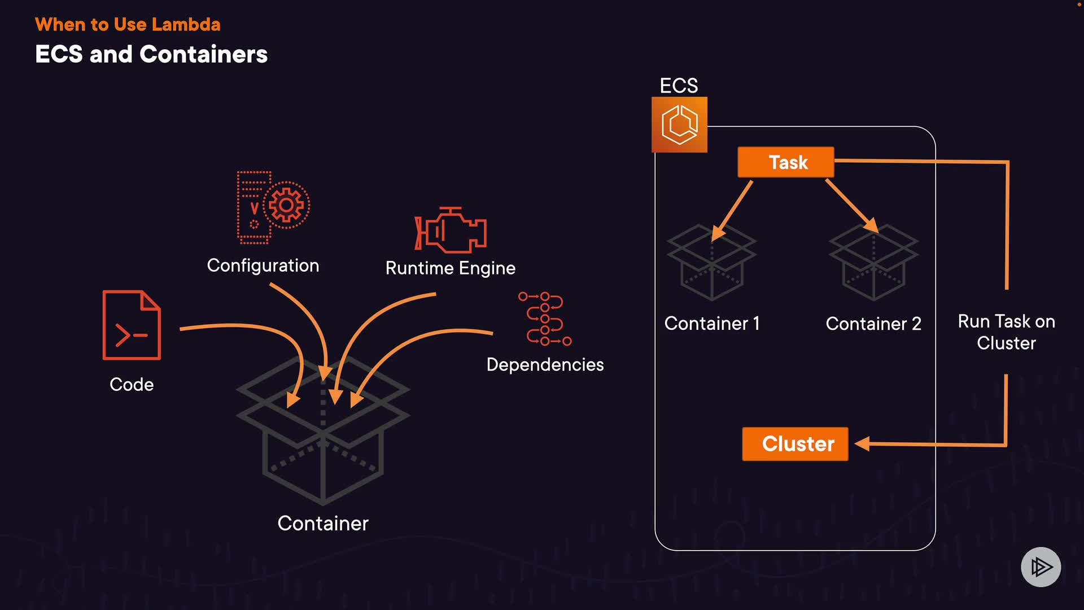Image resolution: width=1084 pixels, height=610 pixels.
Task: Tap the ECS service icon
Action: [679, 124]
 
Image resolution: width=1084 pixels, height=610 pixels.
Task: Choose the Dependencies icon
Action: [545, 319]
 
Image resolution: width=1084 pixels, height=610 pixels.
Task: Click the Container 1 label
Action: [711, 324]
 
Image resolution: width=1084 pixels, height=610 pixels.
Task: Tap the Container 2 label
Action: [873, 324]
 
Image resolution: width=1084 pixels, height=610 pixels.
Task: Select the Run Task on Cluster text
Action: [1006, 332]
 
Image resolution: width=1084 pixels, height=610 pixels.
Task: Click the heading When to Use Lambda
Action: [128, 24]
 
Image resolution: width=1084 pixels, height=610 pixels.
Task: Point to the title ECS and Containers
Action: [151, 54]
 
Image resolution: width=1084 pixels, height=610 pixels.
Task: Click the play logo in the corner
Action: [1041, 567]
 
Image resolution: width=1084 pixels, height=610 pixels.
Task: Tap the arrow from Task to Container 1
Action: [733, 210]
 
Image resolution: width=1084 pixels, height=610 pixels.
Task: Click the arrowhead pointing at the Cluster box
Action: [862, 444]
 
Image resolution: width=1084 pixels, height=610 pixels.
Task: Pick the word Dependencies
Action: [545, 365]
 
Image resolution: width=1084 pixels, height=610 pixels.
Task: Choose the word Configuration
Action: [263, 265]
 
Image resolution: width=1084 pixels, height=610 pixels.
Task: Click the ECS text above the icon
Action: [679, 86]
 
